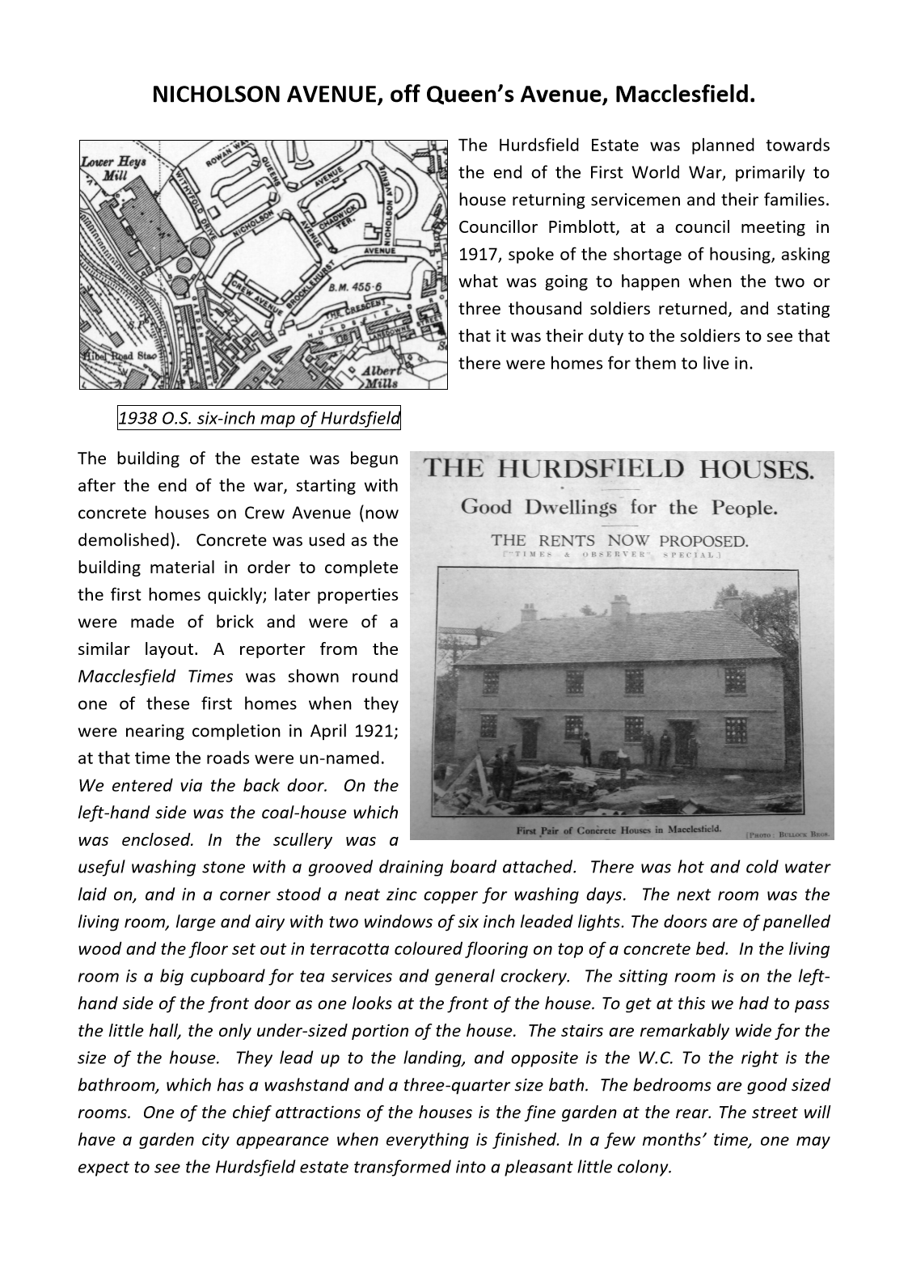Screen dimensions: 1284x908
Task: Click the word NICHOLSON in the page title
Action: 197,96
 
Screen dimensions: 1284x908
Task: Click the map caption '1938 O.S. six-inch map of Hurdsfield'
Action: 259,418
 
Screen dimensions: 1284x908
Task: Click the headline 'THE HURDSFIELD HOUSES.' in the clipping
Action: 619,469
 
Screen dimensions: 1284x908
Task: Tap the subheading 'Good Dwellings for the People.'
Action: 619,508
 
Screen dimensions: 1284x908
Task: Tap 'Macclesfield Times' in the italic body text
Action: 155,677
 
